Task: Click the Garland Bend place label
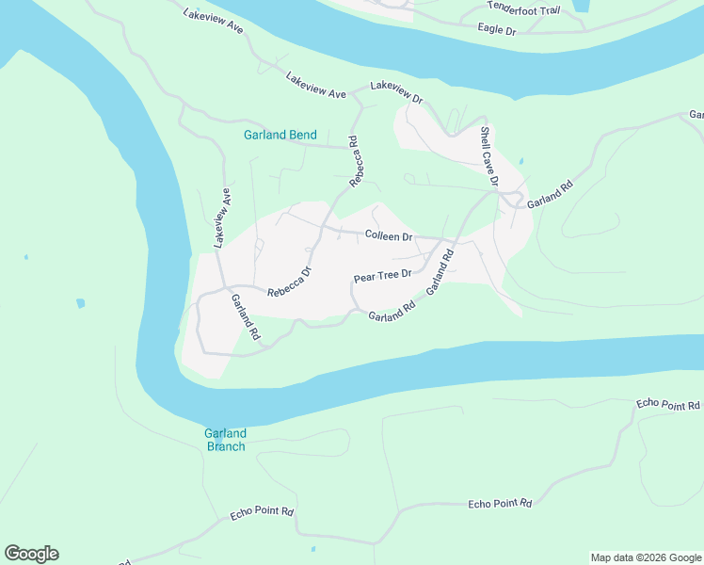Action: [280, 135]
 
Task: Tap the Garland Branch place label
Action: [225, 440]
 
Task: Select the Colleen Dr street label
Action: [389, 236]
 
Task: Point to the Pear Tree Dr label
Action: [383, 276]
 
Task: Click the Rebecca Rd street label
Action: [355, 161]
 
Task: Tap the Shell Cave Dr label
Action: [488, 156]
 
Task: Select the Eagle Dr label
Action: [497, 30]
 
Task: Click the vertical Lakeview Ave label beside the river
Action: [221, 218]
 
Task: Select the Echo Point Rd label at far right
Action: [668, 404]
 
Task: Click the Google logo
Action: [31, 554]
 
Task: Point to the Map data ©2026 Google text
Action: [645, 557]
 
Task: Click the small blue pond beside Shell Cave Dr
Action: [520, 162]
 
